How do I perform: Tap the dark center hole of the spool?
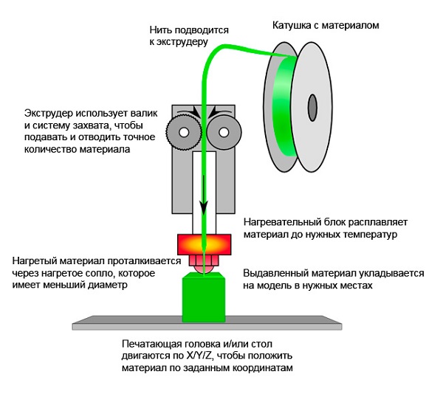click(x=312, y=108)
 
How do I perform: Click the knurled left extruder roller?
click(x=184, y=132)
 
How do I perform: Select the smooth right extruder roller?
click(x=224, y=132)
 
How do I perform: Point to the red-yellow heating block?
click(x=204, y=244)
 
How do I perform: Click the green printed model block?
click(x=204, y=297)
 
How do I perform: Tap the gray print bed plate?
click(x=207, y=323)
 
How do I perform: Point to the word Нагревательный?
click(x=282, y=222)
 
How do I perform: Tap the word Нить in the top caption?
click(x=159, y=30)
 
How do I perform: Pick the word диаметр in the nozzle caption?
click(x=108, y=285)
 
